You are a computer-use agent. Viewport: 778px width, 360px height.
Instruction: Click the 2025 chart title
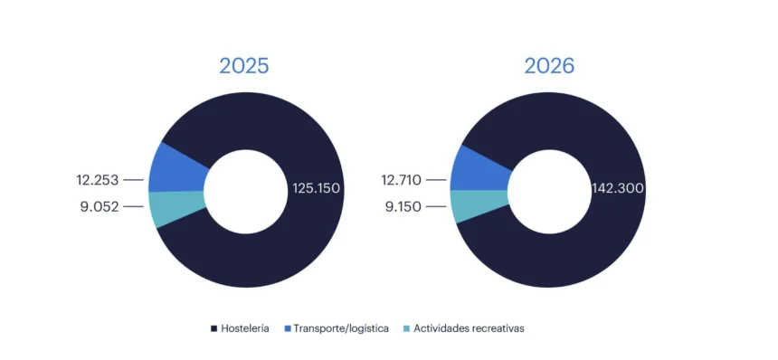coord(244,66)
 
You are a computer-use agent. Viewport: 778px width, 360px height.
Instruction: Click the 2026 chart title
coord(549,66)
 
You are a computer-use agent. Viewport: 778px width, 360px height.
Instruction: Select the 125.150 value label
coord(316,189)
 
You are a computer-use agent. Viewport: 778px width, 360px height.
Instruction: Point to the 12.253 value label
coord(97,180)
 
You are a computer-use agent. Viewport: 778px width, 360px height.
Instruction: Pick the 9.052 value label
coord(100,206)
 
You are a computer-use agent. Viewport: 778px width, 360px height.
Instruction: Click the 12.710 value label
coord(400,180)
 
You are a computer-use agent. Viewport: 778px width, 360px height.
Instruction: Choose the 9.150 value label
coord(403,206)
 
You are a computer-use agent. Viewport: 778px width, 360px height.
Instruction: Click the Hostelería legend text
coord(244,328)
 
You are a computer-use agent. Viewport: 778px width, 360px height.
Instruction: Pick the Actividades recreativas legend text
coord(469,328)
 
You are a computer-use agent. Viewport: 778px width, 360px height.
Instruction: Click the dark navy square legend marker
coord(213,328)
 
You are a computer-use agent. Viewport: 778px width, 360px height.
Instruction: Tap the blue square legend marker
coord(289,328)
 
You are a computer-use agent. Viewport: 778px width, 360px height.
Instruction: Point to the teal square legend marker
coord(406,328)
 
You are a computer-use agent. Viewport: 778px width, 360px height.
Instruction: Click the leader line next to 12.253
coord(134,180)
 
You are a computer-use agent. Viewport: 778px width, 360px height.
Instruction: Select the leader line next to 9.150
coord(438,206)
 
